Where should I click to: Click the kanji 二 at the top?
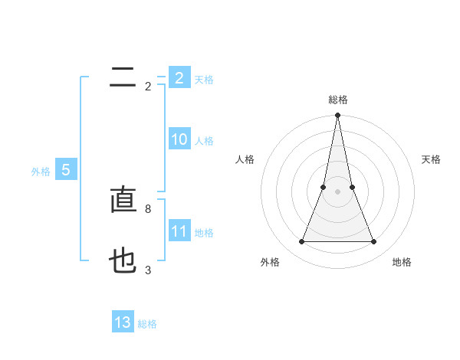click(123, 77)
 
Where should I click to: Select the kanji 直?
click(123, 201)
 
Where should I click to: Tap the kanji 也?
click(123, 263)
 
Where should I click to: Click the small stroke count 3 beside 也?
click(147, 270)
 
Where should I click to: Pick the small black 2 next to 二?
click(147, 87)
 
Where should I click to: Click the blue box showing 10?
click(179, 139)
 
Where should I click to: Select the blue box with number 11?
click(179, 231)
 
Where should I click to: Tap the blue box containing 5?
click(66, 170)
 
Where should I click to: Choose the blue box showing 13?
click(123, 322)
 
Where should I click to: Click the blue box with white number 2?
click(179, 78)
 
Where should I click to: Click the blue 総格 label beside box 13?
click(147, 324)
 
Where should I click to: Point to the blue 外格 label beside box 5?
click(41, 172)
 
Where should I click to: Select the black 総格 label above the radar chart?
click(337, 100)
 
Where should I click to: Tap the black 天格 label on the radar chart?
click(431, 159)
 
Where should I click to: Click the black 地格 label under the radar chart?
click(402, 262)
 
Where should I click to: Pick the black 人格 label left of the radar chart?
click(245, 159)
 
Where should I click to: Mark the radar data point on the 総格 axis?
click(337, 116)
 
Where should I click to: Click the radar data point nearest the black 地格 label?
click(374, 242)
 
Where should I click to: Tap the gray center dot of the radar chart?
click(337, 191)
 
